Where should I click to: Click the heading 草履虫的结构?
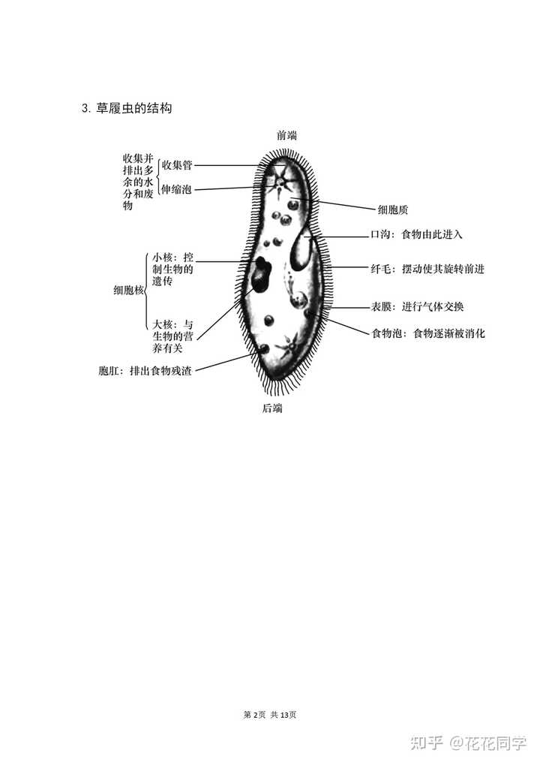pyautogui.click(x=134, y=108)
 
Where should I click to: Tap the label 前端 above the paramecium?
pyautogui.click(x=287, y=135)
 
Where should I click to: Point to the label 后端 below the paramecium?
pyautogui.click(x=272, y=408)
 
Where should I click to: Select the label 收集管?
pyautogui.click(x=177, y=165)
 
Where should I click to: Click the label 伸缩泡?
pyautogui.click(x=177, y=189)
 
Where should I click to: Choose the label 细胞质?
pyautogui.click(x=393, y=209)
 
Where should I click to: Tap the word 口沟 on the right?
pyautogui.click(x=381, y=235)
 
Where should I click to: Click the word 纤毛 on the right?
pyautogui.click(x=381, y=269)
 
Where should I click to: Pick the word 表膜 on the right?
pyautogui.click(x=381, y=307)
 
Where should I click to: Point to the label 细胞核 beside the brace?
pyautogui.click(x=129, y=291)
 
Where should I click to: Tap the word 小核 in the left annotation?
pyautogui.click(x=162, y=257)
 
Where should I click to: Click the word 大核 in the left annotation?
pyautogui.click(x=162, y=324)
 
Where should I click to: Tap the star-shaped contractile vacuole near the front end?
pyautogui.click(x=281, y=182)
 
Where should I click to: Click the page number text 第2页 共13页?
pyautogui.click(x=270, y=715)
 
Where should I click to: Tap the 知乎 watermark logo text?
pyautogui.click(x=426, y=743)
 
